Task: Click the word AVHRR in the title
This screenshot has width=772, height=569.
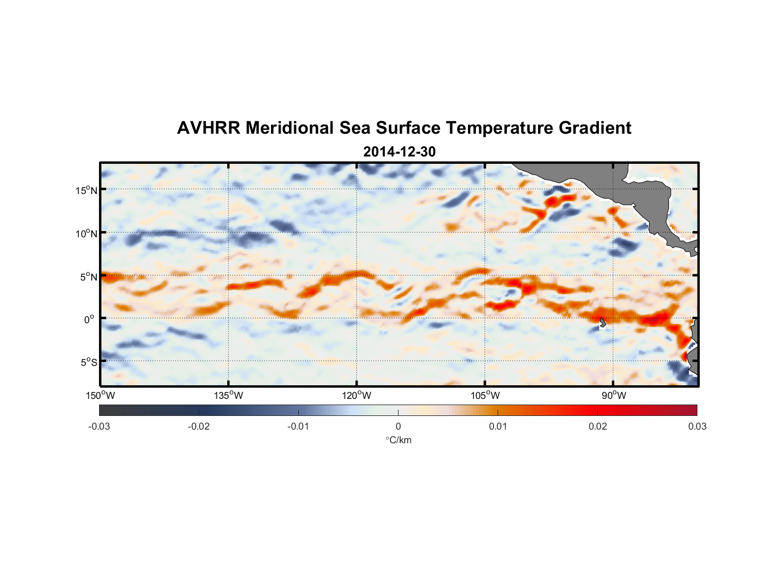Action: coord(208,128)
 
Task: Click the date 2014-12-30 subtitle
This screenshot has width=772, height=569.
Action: coord(399,152)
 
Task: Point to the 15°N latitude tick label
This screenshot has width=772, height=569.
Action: coord(86,190)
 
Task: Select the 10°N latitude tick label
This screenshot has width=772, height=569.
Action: coord(86,233)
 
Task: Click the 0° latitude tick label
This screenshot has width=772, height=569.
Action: coord(89,319)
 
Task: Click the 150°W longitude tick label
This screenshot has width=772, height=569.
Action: coord(101,395)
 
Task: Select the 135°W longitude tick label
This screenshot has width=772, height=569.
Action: coord(229,395)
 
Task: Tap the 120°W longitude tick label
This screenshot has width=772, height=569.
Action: coord(357,395)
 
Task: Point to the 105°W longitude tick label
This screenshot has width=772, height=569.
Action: coord(485,395)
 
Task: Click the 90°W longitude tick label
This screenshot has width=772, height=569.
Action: coord(614,395)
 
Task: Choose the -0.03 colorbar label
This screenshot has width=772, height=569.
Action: coord(99,427)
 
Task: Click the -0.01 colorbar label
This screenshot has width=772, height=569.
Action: coord(298,427)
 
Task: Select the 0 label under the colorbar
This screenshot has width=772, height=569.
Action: coord(398,427)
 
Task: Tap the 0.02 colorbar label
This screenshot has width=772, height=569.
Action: coord(598,427)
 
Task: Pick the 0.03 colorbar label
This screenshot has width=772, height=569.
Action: coord(697,427)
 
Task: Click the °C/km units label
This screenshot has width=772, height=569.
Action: coord(398,440)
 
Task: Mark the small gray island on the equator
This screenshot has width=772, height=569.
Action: coord(602,323)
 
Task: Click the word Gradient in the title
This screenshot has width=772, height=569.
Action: coord(594,128)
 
